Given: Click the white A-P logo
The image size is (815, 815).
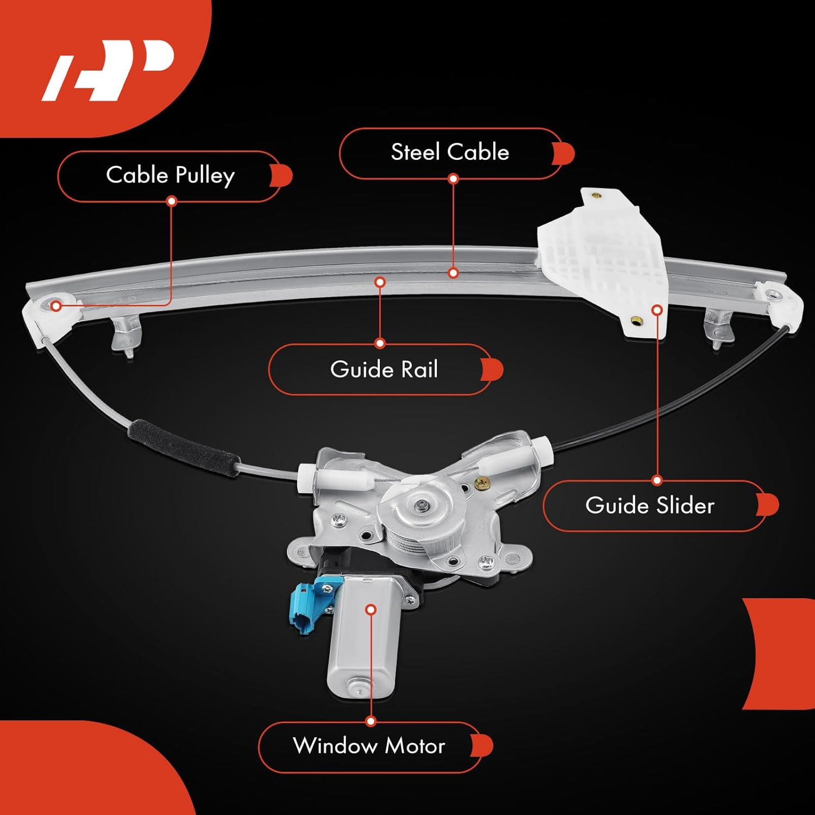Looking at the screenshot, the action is pos(109,70).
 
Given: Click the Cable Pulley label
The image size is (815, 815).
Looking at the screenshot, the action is pos(170,175).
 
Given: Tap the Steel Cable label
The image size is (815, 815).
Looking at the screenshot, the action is pos(450,152).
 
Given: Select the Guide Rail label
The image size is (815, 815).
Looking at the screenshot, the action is pos(384,369).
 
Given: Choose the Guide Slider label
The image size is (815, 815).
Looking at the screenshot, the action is pos(650,506).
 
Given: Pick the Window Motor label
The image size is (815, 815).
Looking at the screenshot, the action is pos(369,746).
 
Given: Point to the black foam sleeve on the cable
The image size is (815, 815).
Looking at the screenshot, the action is pos(184,448).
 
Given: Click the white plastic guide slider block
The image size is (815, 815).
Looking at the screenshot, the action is pos(603,261).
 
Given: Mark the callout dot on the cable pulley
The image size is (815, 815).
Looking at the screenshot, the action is pos(56,306).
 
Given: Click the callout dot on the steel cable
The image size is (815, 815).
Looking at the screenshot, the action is pos(453,273).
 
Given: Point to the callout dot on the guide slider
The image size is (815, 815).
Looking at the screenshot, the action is pos(657,310).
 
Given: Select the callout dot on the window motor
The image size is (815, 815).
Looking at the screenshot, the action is pos(371,610).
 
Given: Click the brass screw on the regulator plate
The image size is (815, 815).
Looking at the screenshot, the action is pos(481,482).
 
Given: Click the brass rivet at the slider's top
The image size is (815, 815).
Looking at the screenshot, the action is pos(597,195).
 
